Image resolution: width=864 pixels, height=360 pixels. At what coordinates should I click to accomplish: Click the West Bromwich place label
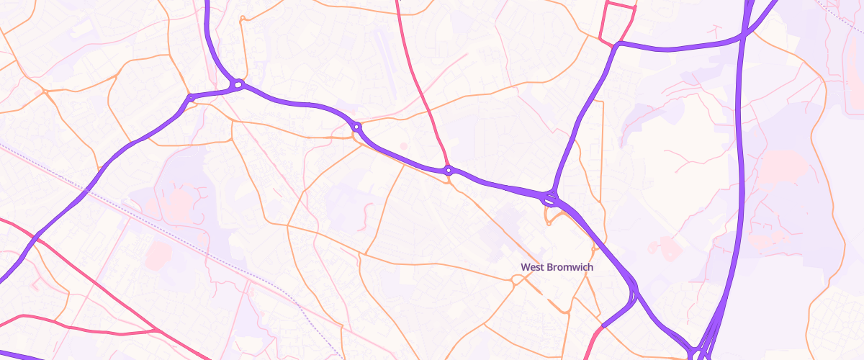point(557,267)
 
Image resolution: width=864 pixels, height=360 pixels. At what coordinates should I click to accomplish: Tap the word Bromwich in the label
point(569,267)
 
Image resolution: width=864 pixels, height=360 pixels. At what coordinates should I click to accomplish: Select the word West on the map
point(531,267)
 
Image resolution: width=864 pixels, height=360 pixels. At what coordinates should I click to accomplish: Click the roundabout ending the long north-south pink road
point(449,171)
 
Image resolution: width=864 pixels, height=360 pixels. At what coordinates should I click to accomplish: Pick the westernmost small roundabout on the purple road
point(190,97)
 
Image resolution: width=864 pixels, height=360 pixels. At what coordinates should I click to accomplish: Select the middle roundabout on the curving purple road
point(356,128)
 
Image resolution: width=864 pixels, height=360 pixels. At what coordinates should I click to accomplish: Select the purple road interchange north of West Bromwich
point(551,197)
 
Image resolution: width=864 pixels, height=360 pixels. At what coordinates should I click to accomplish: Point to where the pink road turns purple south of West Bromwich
point(601,326)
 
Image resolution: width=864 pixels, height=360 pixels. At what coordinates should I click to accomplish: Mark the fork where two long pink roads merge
point(158,330)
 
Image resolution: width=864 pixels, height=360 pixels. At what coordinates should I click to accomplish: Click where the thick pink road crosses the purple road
point(34,235)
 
